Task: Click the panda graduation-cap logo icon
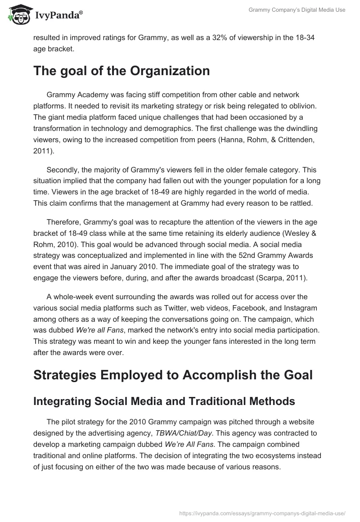17,13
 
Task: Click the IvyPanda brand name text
57,15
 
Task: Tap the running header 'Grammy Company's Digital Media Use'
297,10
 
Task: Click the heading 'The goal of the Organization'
121,71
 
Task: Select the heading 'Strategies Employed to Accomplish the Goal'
173,375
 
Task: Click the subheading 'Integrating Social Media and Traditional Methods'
164,402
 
